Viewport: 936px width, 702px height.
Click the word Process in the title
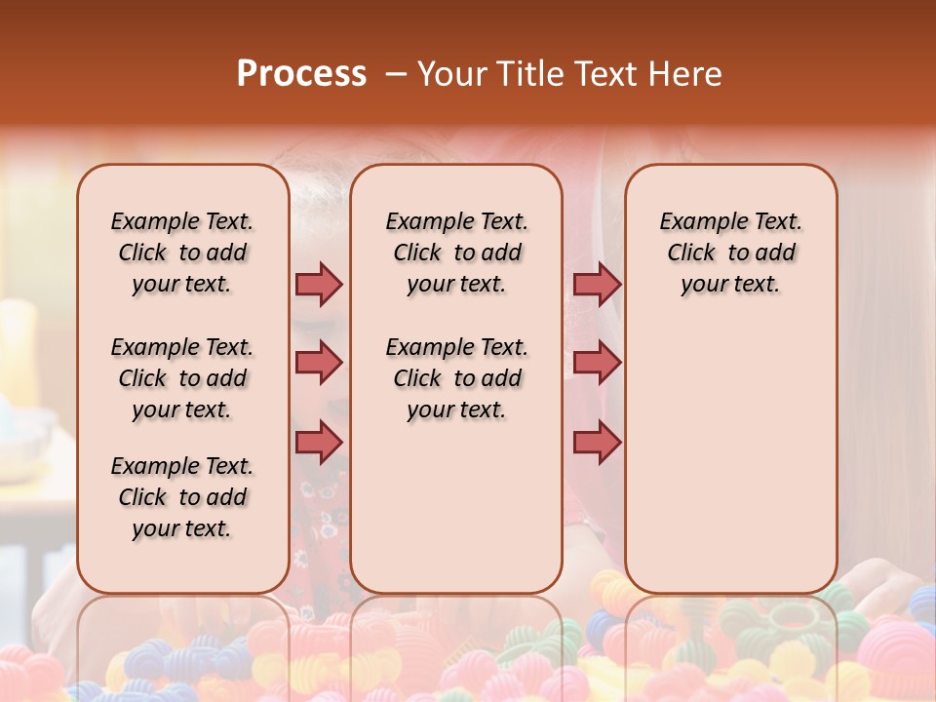(x=301, y=74)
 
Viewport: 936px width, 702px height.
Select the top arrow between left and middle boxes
(x=319, y=285)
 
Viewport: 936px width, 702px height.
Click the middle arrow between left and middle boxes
(x=319, y=363)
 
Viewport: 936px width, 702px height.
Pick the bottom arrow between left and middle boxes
(x=319, y=442)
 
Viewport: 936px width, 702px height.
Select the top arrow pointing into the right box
(x=597, y=285)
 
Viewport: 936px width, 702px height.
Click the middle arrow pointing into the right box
(x=597, y=363)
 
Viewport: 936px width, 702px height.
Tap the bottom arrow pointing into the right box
(x=597, y=442)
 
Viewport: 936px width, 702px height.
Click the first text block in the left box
(x=182, y=253)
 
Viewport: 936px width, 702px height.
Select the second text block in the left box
(x=182, y=378)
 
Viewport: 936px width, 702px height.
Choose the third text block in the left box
(x=182, y=497)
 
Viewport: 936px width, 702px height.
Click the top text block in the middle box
(x=456, y=253)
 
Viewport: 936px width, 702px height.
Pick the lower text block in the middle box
(x=456, y=378)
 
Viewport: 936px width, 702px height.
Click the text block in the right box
(x=730, y=253)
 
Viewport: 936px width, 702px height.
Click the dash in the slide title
(x=396, y=74)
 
